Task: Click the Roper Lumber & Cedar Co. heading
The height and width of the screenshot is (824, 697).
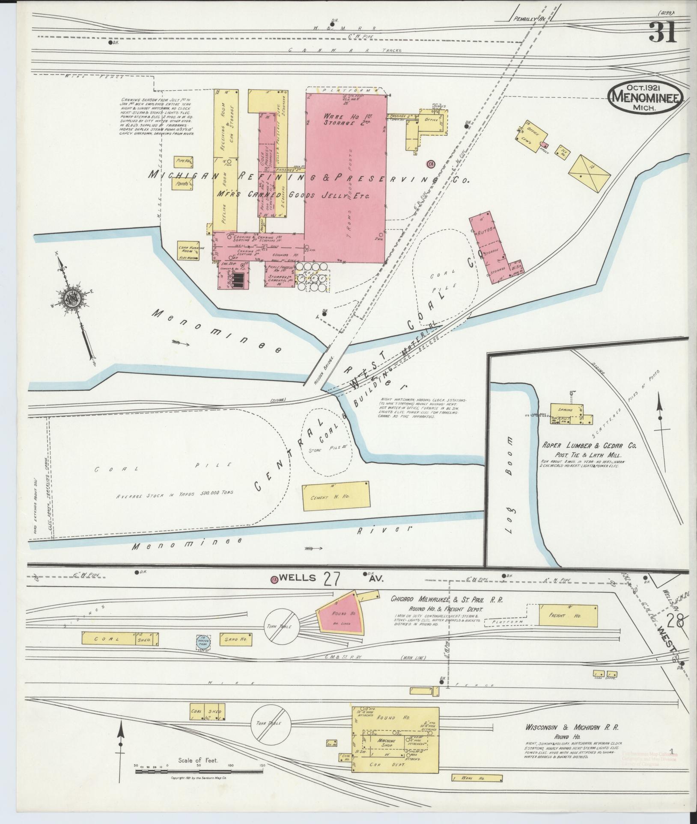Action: pyautogui.click(x=590, y=445)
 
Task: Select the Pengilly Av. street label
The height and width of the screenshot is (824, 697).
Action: pyautogui.click(x=530, y=19)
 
